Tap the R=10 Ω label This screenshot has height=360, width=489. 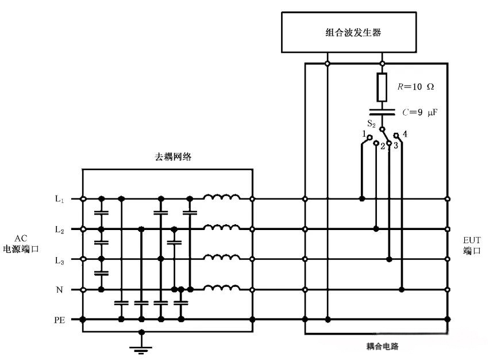coord(415,87)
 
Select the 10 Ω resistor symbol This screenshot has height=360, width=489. coord(382,86)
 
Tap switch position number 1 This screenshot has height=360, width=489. coord(364,134)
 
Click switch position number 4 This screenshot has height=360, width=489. coord(405,134)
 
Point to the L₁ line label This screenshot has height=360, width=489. coord(60,199)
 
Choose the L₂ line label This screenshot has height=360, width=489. coord(60,229)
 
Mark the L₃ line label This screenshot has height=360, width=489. coord(60,259)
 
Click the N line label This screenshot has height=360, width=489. coord(60,290)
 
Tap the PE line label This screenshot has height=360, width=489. coord(59,319)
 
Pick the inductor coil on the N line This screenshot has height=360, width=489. coord(222,288)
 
